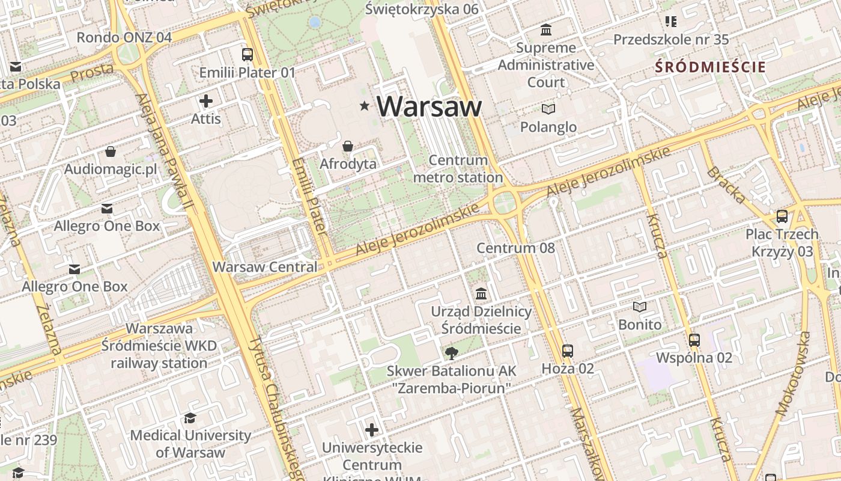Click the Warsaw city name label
[x=429, y=106]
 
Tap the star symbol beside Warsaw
[x=364, y=106]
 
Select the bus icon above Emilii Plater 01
[x=247, y=55]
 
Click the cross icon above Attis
[x=206, y=100]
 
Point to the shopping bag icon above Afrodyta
[x=347, y=146]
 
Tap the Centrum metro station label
[x=458, y=169]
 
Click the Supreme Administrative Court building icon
[x=546, y=29]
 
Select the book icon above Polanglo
[x=548, y=109]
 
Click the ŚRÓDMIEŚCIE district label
[x=710, y=67]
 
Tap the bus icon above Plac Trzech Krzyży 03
[x=782, y=216]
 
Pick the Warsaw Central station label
[x=265, y=266]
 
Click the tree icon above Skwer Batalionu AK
[x=451, y=354]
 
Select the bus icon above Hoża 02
[x=568, y=351]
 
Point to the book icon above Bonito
[x=640, y=307]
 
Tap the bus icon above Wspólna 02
[x=694, y=340]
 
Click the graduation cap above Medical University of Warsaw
[x=190, y=417]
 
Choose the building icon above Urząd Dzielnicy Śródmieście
[x=481, y=294]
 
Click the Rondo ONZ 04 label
[x=124, y=37]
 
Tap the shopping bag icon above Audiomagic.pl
[x=111, y=152]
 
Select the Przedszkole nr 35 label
[x=670, y=40]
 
